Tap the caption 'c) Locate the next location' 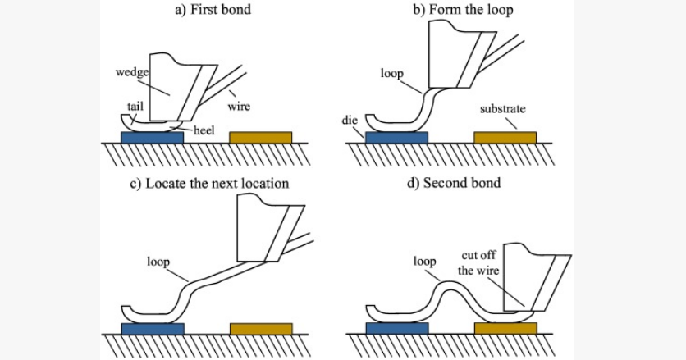pyautogui.click(x=209, y=183)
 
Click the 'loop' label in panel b pyautogui.click(x=391, y=73)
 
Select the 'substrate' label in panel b pyautogui.click(x=502, y=108)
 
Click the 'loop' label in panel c pyautogui.click(x=158, y=262)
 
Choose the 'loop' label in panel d pyautogui.click(x=424, y=262)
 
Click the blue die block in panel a pyautogui.click(x=152, y=137)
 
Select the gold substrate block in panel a pyautogui.click(x=260, y=137)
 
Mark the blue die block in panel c pyautogui.click(x=152, y=328)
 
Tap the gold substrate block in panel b pyautogui.click(x=505, y=137)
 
